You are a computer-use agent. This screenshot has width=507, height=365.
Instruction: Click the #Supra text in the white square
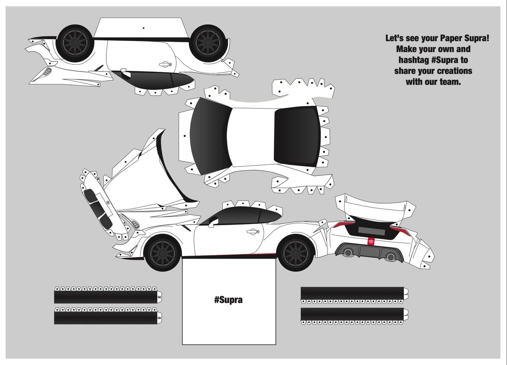[229, 300]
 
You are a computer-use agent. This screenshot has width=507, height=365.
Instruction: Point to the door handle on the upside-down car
[165, 65]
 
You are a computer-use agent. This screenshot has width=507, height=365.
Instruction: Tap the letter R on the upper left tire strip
[160, 297]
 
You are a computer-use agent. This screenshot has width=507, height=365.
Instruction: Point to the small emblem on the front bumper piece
[108, 203]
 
